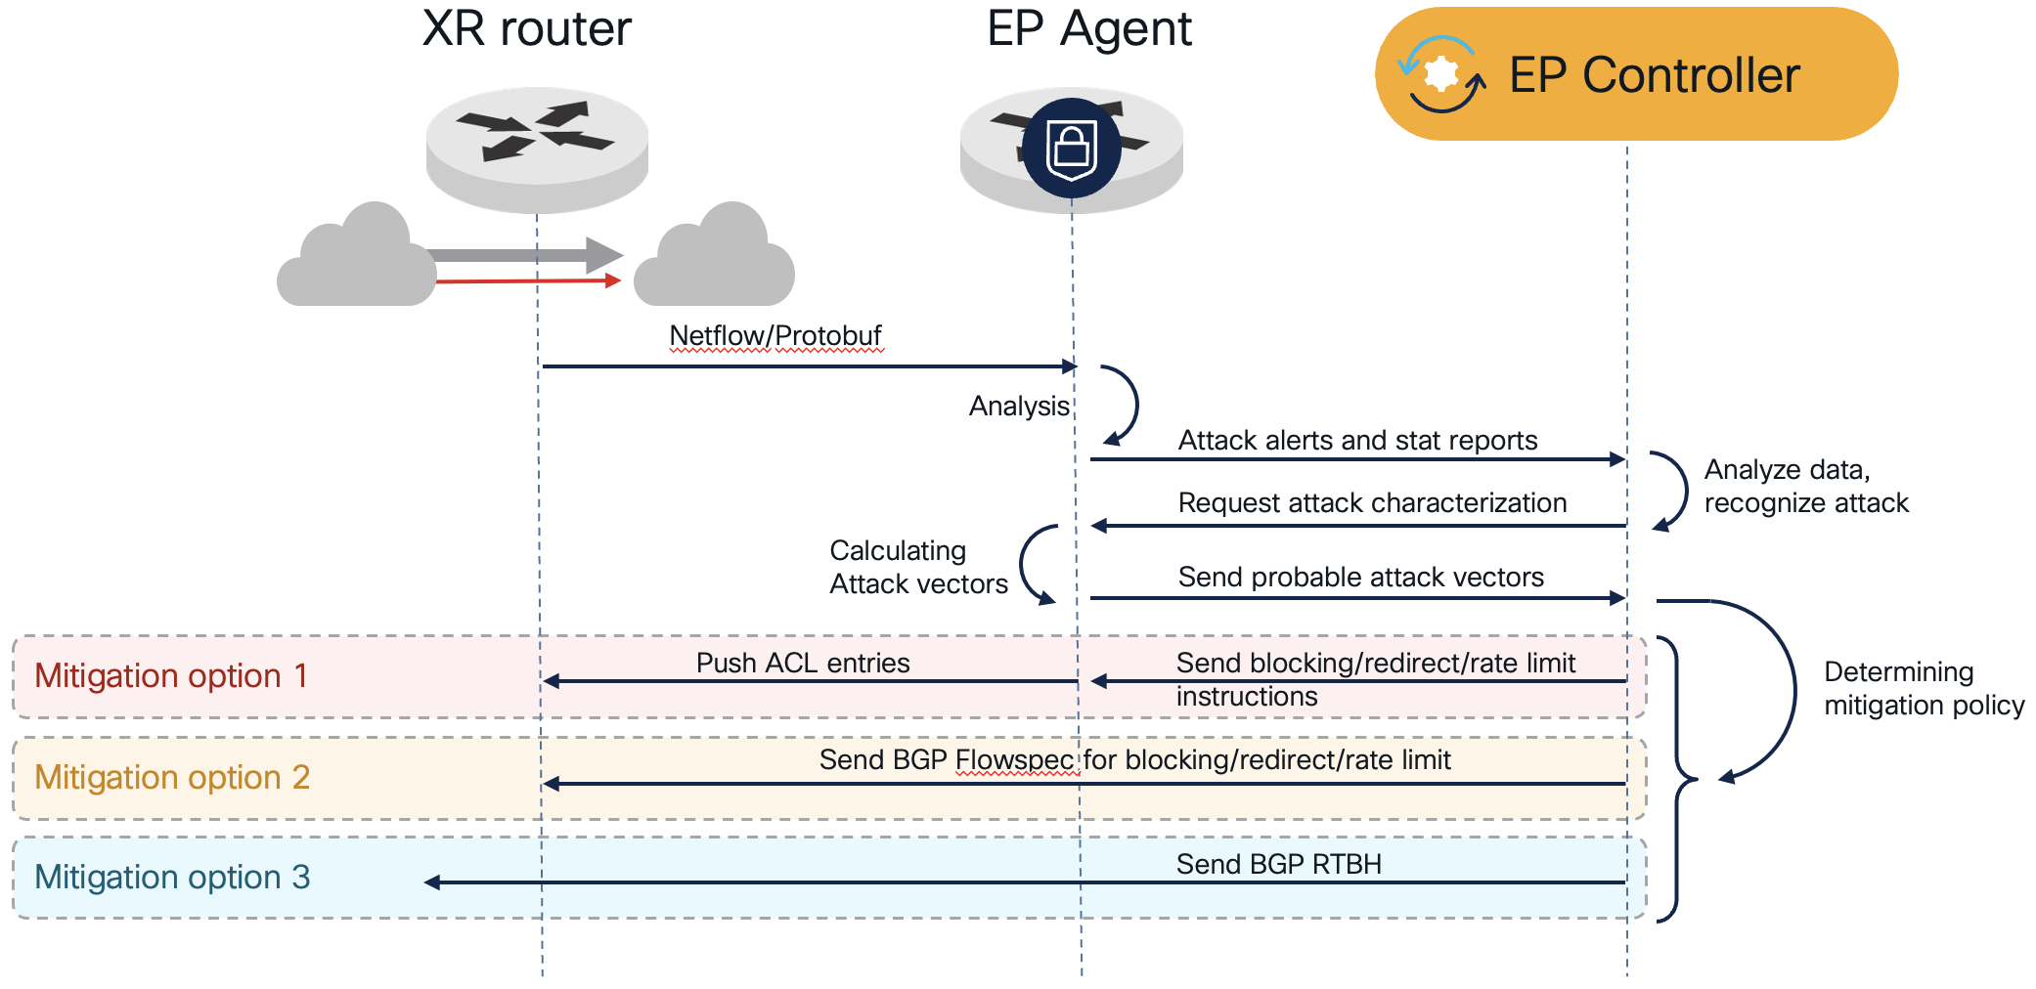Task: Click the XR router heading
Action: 526,29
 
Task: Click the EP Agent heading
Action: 1088,29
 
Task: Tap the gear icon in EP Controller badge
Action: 1441,74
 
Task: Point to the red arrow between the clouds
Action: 528,281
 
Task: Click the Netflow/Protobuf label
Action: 775,336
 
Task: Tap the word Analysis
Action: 1019,407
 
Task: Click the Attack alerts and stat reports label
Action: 1357,441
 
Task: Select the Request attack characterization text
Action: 1372,503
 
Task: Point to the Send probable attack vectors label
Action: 1360,578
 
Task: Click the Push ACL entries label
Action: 803,664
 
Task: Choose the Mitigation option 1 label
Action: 171,676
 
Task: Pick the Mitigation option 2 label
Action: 172,778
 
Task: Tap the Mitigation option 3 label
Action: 172,878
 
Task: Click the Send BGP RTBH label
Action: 1278,865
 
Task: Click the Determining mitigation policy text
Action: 1924,689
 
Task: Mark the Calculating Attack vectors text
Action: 918,568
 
